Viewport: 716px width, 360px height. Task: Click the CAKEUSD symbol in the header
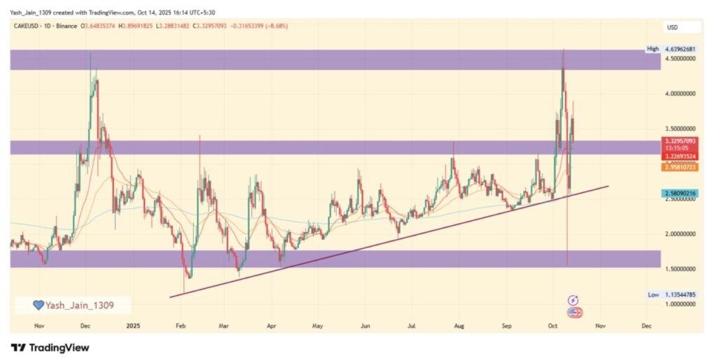click(28, 26)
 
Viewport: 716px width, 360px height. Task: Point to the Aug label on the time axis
click(459, 326)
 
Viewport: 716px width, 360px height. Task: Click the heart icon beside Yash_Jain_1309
click(39, 305)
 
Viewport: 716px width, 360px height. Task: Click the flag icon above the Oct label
click(575, 312)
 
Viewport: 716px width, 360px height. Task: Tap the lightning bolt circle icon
click(574, 300)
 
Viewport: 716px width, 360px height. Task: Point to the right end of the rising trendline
click(608, 186)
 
